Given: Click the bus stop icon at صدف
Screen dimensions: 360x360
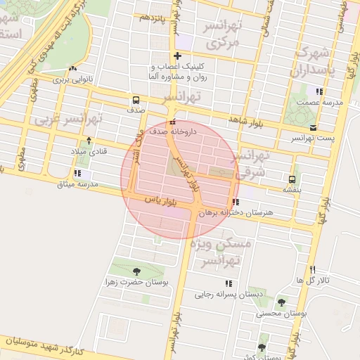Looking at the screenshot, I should (134, 100).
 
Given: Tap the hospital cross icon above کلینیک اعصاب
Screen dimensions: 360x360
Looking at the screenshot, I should (177, 56).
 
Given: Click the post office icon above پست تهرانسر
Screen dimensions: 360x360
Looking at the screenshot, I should (312, 128).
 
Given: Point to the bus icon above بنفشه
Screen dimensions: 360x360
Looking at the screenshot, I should (291, 179).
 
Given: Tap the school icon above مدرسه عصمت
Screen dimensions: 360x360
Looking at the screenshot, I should (319, 91).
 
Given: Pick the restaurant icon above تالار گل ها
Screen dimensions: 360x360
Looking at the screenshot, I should (313, 270).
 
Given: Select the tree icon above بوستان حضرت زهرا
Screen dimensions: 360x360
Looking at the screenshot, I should (136, 270).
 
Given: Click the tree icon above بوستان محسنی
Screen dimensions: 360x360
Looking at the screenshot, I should (282, 302).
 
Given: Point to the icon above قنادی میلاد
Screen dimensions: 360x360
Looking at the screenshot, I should (89, 141).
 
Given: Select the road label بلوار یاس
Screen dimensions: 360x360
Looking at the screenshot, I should (160, 201).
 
